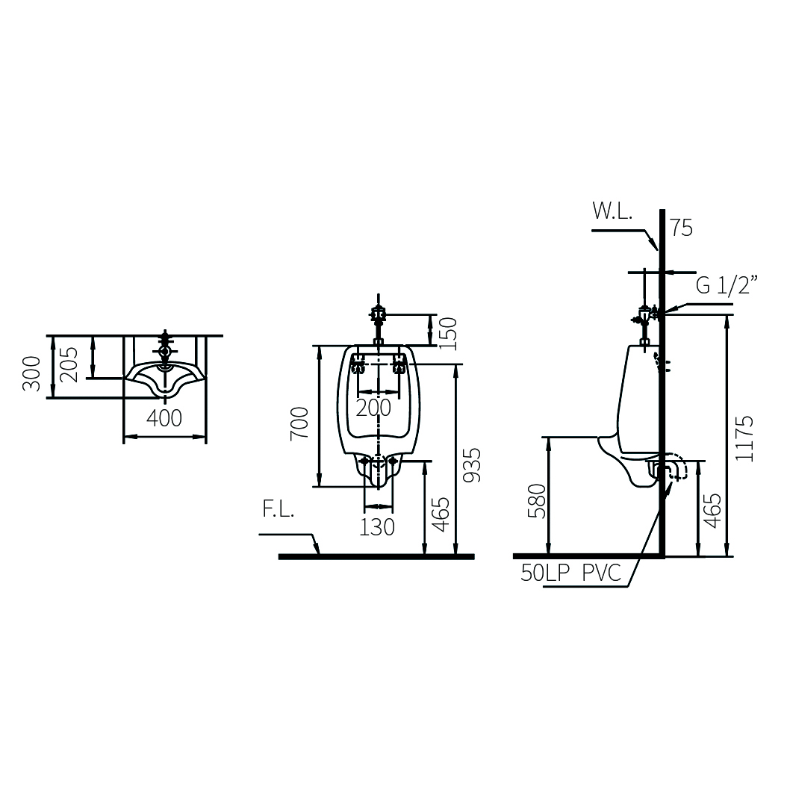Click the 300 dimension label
tap(31, 373)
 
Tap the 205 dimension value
tap(69, 364)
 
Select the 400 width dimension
tap(164, 418)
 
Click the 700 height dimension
tap(299, 423)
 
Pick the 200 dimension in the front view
tap(373, 408)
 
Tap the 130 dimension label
tap(376, 527)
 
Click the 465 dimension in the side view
tap(713, 511)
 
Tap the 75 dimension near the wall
tap(681, 228)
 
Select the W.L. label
tap(612, 211)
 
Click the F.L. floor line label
tap(278, 512)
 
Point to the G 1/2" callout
tap(727, 284)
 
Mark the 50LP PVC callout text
tap(571, 573)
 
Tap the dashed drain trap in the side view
tap(673, 468)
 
